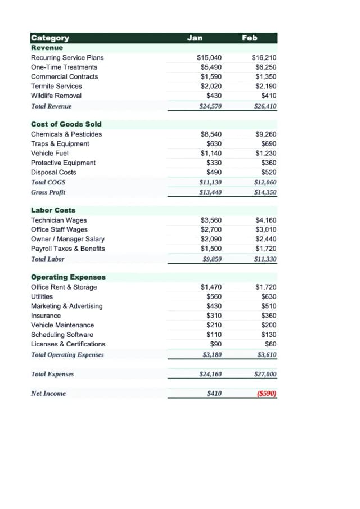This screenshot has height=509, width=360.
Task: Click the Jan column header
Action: [x=195, y=38]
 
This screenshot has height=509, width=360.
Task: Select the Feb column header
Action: [x=249, y=38]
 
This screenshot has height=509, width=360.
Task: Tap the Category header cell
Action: [x=50, y=38]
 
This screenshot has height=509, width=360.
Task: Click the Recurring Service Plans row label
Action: [x=67, y=57]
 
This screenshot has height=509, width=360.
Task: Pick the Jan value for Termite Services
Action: [x=211, y=86]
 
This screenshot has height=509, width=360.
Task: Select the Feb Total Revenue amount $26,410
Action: [x=265, y=106]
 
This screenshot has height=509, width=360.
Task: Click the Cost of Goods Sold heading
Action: [x=66, y=124]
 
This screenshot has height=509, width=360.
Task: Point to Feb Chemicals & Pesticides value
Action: [x=265, y=134]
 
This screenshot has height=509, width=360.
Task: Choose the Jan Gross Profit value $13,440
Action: [x=210, y=192]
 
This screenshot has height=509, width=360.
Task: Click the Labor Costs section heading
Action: [x=53, y=210]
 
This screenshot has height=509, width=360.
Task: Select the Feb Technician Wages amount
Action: [x=265, y=220]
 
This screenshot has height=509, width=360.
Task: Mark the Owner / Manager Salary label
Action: [x=67, y=239]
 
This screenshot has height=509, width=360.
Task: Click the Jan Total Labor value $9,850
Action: [x=212, y=259]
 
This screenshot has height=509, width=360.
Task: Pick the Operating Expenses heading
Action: [x=68, y=277]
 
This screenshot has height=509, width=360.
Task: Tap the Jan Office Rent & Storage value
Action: [x=211, y=287]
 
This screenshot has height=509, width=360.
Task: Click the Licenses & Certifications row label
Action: [x=67, y=344]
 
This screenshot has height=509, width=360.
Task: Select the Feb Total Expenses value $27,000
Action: [x=265, y=374]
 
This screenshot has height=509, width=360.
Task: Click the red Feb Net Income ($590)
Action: [x=266, y=394]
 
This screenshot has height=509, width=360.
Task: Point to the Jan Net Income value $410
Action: [x=214, y=394]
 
